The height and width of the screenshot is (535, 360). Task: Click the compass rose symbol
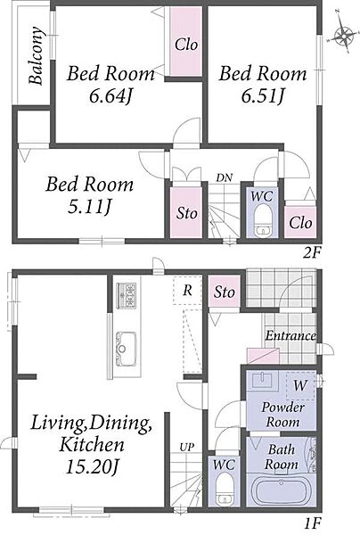pyautogui.click(x=344, y=35)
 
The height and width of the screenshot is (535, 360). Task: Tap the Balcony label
pyautogui.click(x=37, y=55)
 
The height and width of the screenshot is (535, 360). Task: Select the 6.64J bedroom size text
pyautogui.click(x=110, y=96)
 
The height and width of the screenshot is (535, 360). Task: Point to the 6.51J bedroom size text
pyautogui.click(x=263, y=96)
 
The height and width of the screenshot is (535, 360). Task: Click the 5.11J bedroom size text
pyautogui.click(x=89, y=207)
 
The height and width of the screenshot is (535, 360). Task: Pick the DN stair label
pyautogui.click(x=224, y=177)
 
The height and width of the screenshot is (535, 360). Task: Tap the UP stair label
pyautogui.click(x=187, y=447)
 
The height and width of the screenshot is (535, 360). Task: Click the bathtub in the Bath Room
pyautogui.click(x=281, y=490)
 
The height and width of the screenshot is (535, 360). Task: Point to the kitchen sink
pyautogui.click(x=127, y=349)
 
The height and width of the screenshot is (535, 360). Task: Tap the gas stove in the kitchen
pyautogui.click(x=127, y=295)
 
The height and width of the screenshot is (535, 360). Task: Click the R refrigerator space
pyautogui.click(x=187, y=291)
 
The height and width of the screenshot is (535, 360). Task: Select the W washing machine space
pyautogui.click(x=300, y=385)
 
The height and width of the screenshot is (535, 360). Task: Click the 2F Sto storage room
pyautogui.click(x=186, y=213)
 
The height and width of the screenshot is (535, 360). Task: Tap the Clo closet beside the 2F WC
pyautogui.click(x=300, y=222)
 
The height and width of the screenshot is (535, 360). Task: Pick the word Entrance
pyautogui.click(x=290, y=336)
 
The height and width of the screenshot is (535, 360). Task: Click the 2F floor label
pyautogui.click(x=312, y=253)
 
